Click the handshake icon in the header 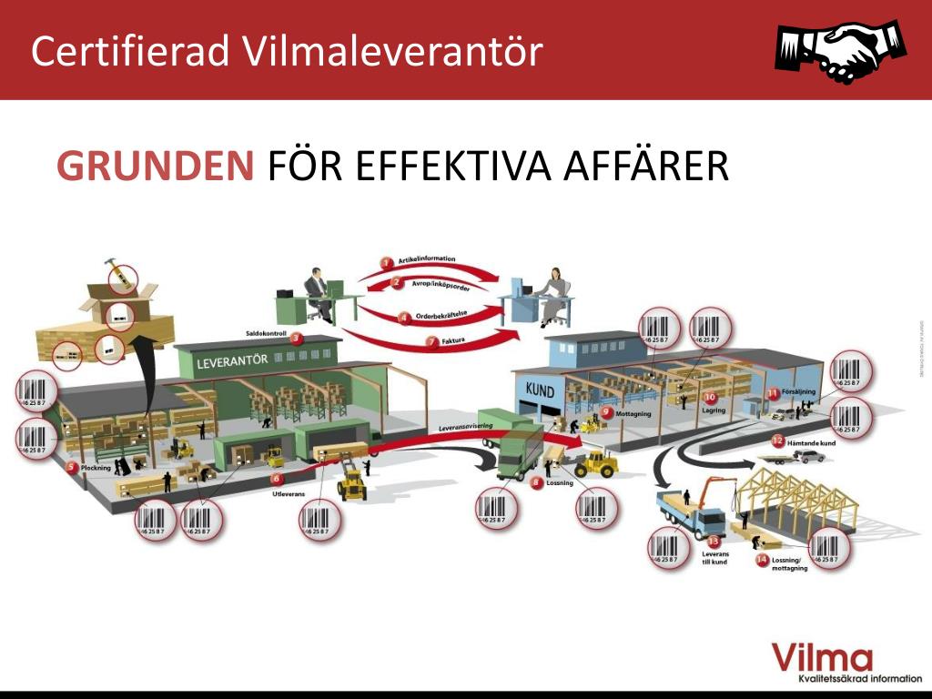pyautogui.click(x=840, y=49)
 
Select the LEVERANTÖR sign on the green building pyautogui.click(x=232, y=360)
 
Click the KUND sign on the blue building pyautogui.click(x=541, y=390)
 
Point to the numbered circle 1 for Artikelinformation pyautogui.click(x=387, y=263)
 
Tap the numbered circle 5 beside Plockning pyautogui.click(x=72, y=468)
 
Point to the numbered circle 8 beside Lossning pyautogui.click(x=537, y=482)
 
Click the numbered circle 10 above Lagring pyautogui.click(x=711, y=398)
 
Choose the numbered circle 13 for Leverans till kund pyautogui.click(x=714, y=542)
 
